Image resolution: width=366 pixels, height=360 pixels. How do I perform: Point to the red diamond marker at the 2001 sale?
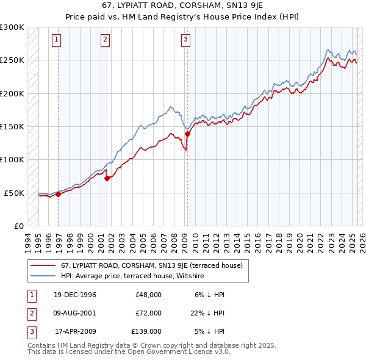click(107, 179)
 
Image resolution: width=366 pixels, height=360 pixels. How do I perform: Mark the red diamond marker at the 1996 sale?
click(59, 194)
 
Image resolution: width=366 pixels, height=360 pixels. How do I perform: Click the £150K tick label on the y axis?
click(12, 126)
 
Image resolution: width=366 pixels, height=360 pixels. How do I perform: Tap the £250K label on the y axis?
click(12, 60)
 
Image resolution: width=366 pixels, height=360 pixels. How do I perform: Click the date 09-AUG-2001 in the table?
click(75, 312)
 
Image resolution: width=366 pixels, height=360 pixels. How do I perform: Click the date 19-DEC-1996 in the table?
click(75, 294)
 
